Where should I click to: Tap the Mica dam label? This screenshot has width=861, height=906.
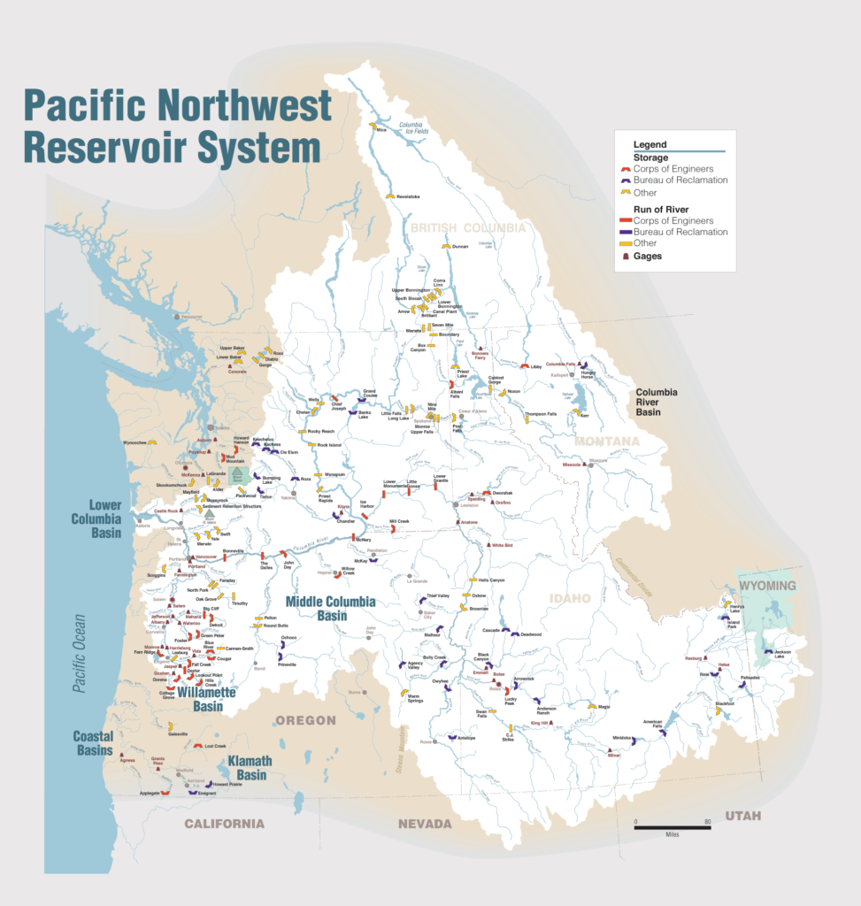tap(382, 131)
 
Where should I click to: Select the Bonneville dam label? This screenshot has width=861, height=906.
tap(233, 550)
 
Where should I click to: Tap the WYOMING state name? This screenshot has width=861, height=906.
tap(768, 586)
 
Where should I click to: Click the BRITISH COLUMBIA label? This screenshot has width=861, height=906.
tap(467, 227)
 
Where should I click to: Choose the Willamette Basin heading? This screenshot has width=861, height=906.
tap(206, 699)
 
